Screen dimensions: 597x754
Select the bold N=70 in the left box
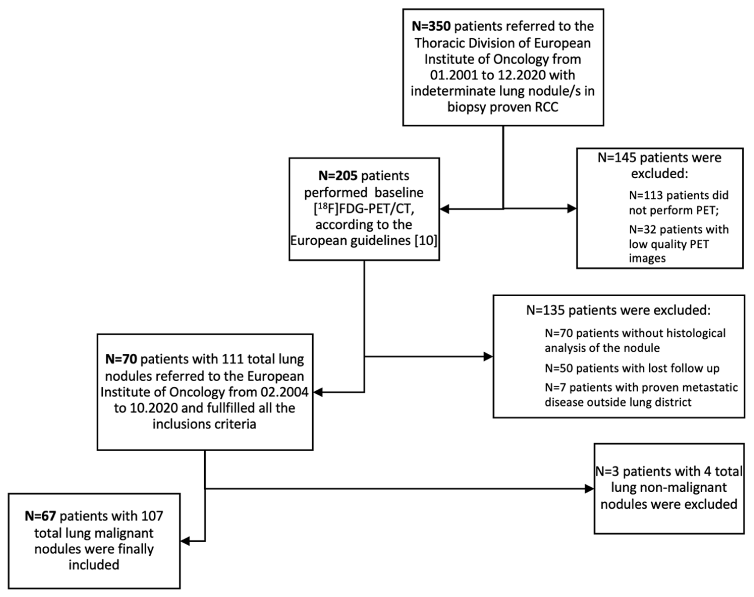coord(121,359)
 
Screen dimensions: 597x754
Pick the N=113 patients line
coord(679,202)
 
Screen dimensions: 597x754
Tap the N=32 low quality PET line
coord(679,244)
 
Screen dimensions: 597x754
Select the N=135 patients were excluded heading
coord(618,310)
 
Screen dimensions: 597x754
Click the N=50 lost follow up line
coord(632,368)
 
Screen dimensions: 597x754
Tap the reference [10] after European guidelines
coord(426,241)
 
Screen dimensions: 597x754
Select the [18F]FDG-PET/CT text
coord(364,209)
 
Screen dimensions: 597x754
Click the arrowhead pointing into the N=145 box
coord(572,209)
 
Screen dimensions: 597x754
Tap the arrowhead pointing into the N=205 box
coord(444,209)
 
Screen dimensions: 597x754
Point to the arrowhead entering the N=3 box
coord(589,489)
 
